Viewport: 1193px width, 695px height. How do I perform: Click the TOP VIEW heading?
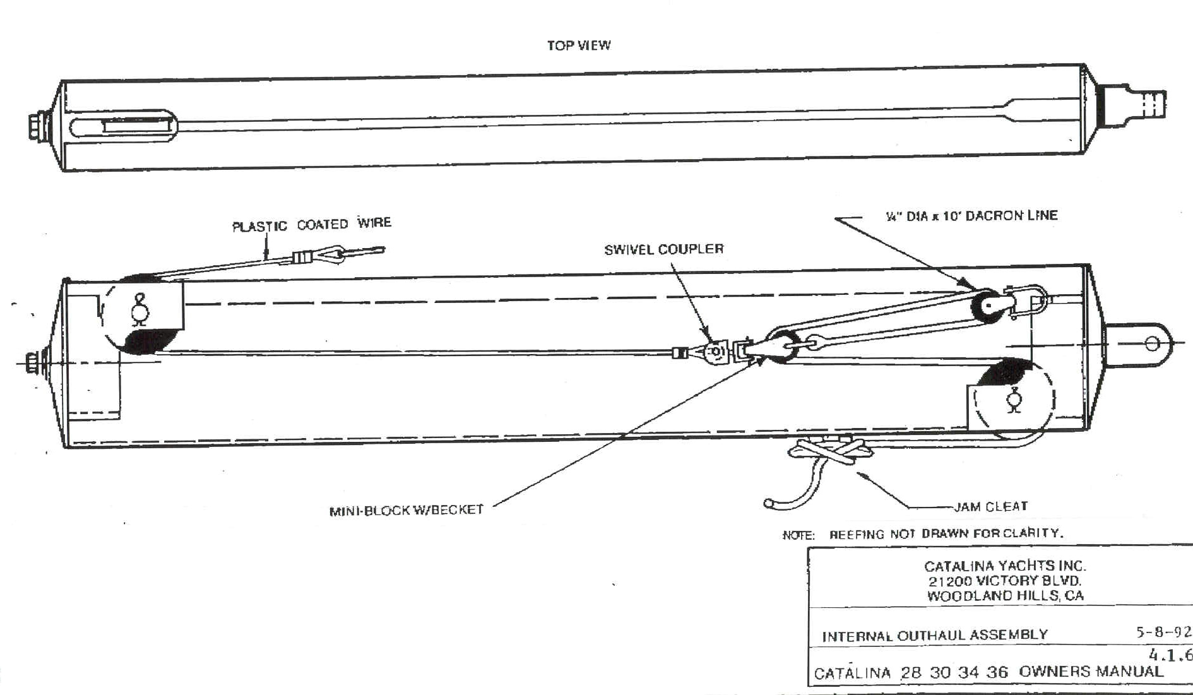[x=578, y=45]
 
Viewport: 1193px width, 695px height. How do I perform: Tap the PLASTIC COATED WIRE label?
[x=311, y=225]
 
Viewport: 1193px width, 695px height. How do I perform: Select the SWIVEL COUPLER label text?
[x=663, y=249]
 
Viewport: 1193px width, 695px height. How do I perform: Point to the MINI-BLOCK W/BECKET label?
[x=406, y=510]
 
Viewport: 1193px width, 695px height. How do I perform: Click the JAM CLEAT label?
[x=990, y=506]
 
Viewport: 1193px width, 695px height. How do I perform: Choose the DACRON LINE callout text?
[x=971, y=216]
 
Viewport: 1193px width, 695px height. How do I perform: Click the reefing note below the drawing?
[x=923, y=534]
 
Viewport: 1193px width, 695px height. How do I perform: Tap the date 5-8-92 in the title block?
[x=1163, y=632]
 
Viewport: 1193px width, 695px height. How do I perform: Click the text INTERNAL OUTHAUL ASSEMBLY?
[x=934, y=635]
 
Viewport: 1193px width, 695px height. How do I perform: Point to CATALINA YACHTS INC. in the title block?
[x=1005, y=566]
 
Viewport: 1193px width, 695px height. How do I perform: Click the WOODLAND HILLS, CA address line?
[x=1005, y=595]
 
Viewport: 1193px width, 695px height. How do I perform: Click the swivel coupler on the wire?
[x=716, y=352]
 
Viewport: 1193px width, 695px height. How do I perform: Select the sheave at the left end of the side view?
[x=139, y=314]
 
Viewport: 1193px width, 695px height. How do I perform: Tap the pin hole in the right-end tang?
[x=1152, y=344]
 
